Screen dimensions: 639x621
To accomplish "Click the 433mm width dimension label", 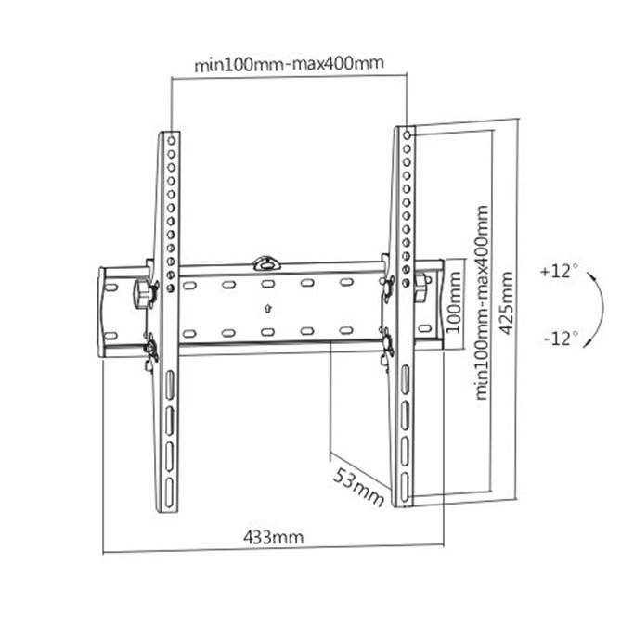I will click(273, 535).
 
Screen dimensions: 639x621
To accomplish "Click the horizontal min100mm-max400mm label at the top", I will click(289, 65).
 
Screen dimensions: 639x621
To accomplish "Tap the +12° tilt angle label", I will click(558, 272).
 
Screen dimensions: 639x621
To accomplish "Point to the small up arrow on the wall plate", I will click(267, 309).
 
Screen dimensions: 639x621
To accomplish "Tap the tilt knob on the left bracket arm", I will click(142, 294).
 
